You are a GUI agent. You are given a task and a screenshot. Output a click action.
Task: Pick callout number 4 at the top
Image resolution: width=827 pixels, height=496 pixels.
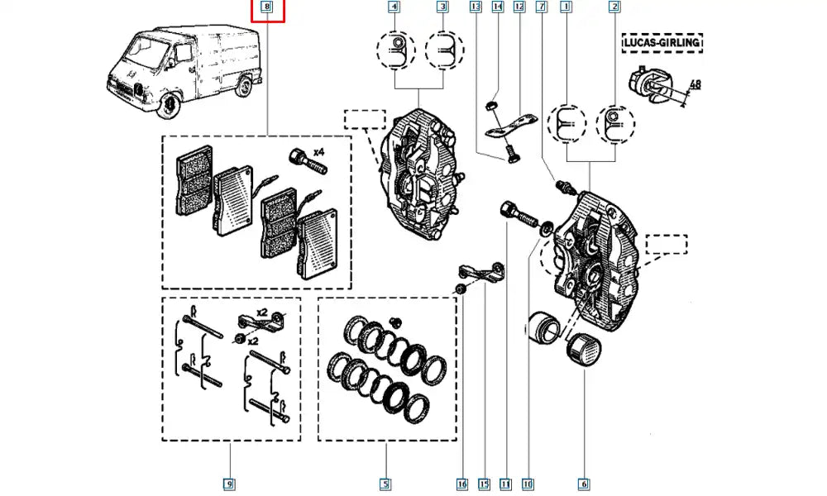point(395,7)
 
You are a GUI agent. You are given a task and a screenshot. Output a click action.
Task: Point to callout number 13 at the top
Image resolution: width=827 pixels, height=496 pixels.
point(475,7)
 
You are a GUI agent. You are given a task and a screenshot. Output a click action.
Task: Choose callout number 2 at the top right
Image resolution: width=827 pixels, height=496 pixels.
point(614,7)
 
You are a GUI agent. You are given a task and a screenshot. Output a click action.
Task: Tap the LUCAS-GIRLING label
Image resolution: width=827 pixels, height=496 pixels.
point(662,41)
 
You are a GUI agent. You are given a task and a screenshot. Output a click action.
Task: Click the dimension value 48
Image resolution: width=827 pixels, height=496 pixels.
point(695,84)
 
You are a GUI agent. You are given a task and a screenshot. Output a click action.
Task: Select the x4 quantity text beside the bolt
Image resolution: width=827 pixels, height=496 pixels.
point(318,151)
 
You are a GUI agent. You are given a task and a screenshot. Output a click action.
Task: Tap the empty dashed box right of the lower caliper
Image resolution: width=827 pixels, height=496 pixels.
point(667,243)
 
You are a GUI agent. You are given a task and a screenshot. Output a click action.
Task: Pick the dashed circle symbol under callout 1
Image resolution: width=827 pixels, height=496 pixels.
point(567,125)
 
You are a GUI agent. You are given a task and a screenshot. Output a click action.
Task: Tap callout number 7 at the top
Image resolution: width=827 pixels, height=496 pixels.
point(541,7)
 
